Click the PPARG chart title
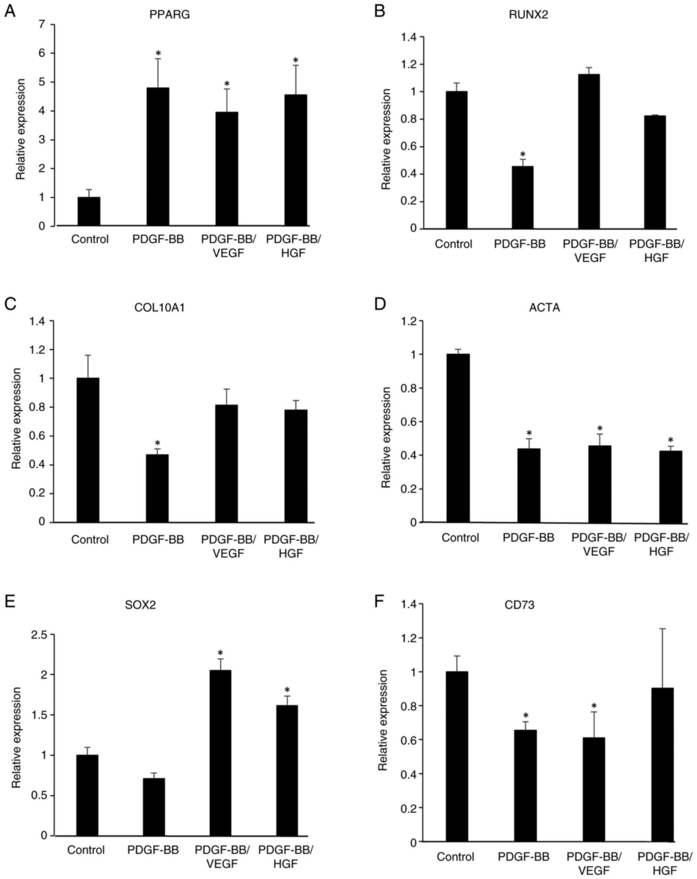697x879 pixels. click(x=169, y=15)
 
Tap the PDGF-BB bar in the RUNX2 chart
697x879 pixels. click(x=523, y=197)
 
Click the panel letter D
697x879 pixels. click(x=380, y=305)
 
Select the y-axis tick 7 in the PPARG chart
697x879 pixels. click(x=42, y=24)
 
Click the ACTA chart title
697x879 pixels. click(x=544, y=307)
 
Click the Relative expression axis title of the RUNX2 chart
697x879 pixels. click(x=386, y=139)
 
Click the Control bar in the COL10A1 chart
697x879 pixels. click(x=88, y=450)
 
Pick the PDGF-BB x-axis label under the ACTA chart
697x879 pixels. click(x=528, y=538)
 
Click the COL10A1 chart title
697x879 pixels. click(x=160, y=307)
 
